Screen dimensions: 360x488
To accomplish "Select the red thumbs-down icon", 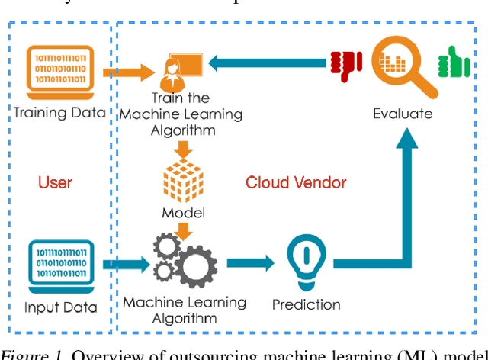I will tap(345, 66).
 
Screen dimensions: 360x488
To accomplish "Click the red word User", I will tap(55, 182).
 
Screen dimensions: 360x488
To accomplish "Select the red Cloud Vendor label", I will tap(295, 182).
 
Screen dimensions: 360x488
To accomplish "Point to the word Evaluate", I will tap(402, 114).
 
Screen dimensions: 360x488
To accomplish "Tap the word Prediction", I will tap(306, 304).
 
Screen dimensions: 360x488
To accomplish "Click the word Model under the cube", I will tap(184, 211).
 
